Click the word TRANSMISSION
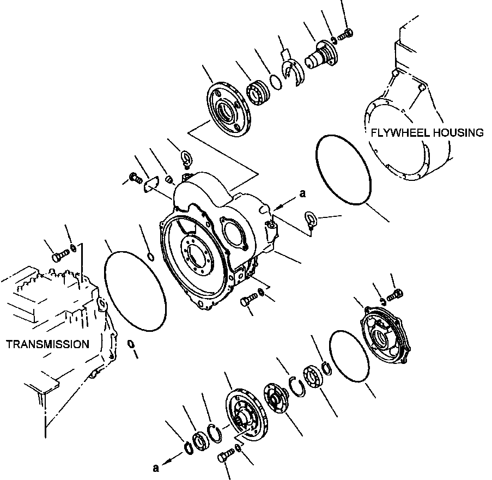coord(47,344)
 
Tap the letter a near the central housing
coord(302,193)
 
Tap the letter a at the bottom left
coord(156,467)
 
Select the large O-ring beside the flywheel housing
coord(343,171)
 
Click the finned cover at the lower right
coord(388,332)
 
